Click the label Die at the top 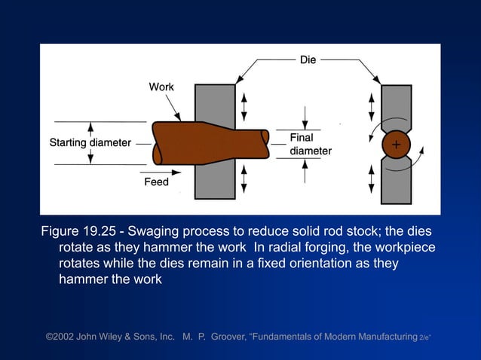click(308, 59)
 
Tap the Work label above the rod click(161, 87)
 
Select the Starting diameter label click(90, 142)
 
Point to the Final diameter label click(310, 145)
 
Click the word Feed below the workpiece click(156, 182)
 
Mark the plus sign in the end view click(396, 145)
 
